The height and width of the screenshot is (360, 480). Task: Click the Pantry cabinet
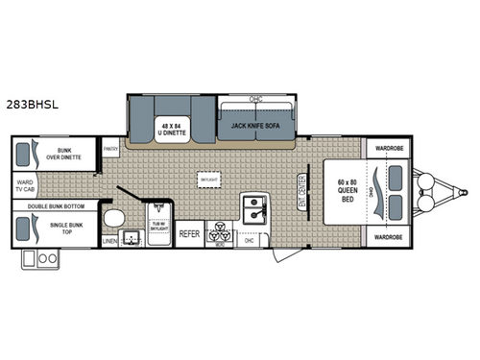(x=111, y=149)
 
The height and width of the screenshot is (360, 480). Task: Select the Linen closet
(x=110, y=240)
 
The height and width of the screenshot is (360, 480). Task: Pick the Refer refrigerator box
(x=189, y=233)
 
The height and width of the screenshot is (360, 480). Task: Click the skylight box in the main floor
(x=207, y=179)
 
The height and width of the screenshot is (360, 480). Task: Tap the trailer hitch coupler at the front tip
(x=459, y=191)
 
